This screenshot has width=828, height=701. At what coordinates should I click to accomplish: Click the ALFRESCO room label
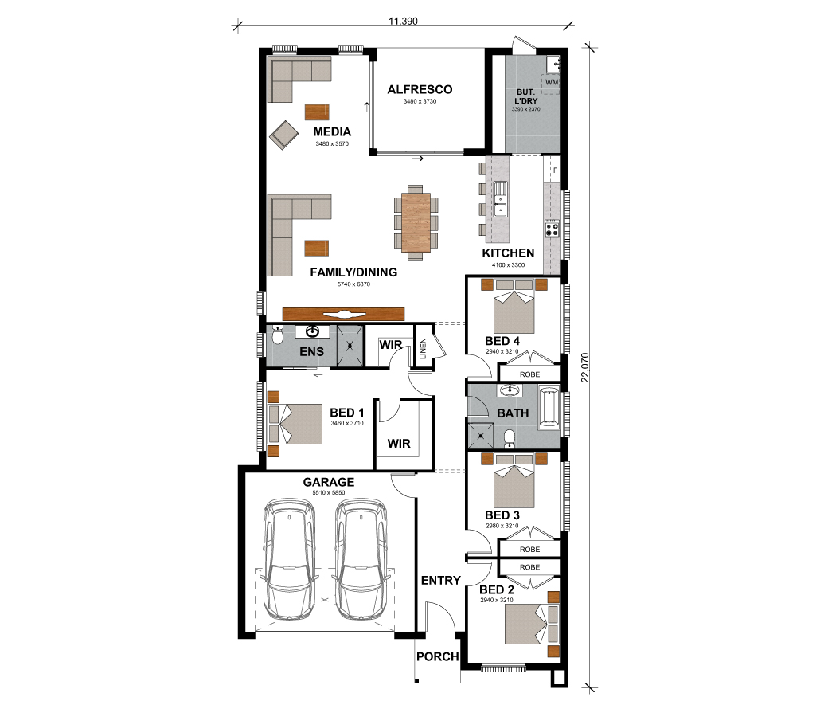420,89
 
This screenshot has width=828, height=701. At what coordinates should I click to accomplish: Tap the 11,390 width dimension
403,22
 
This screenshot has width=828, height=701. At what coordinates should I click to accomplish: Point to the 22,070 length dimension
584,367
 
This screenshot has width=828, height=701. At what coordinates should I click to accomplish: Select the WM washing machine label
552,82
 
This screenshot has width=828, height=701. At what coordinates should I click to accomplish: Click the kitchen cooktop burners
553,229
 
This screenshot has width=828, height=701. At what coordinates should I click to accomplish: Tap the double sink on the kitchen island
500,198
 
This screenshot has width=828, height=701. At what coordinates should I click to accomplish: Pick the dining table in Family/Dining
416,222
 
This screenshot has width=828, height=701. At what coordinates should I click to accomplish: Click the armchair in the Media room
284,135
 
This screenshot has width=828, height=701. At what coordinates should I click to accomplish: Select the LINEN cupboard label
423,349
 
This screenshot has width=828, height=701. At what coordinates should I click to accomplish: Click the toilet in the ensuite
277,335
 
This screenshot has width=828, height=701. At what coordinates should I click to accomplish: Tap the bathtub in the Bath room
549,407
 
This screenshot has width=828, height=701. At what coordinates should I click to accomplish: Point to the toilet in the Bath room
510,438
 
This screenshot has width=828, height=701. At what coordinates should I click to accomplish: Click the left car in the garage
289,559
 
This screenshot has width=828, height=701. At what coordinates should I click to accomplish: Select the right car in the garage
361,559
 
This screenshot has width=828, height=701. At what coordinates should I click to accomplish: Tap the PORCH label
438,656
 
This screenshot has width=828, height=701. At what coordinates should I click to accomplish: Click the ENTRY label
441,581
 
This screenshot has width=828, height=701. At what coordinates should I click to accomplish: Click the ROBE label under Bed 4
529,374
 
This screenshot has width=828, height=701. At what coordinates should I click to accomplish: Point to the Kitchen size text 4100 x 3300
509,265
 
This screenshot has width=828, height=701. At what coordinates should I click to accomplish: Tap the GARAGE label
329,482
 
